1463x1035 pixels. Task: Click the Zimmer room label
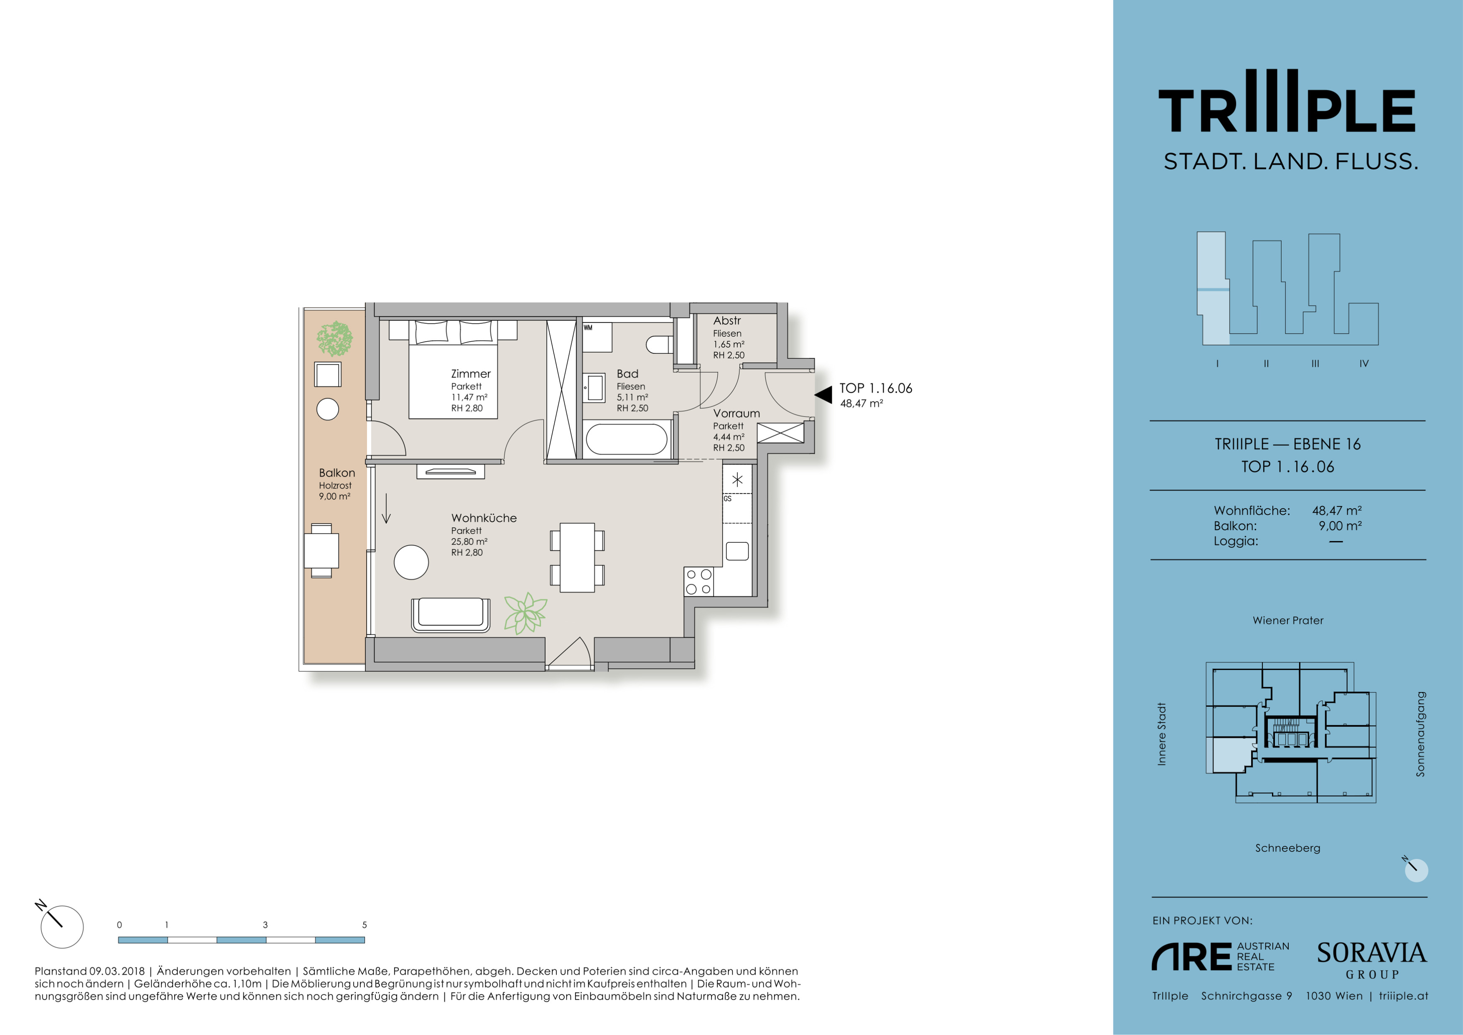coord(471,374)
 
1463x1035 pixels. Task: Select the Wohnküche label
coord(484,518)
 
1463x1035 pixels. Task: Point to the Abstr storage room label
coord(727,321)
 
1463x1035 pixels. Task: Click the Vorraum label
coord(736,414)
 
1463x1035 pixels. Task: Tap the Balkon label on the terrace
coord(337,473)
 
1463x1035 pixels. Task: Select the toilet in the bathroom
coord(660,345)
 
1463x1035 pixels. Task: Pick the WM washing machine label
coord(588,327)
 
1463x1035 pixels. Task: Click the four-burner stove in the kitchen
coord(699,582)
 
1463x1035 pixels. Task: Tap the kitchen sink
coord(737,551)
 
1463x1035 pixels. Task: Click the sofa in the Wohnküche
coord(451,615)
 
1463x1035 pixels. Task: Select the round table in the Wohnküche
coord(412,562)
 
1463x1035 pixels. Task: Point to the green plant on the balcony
coord(334,338)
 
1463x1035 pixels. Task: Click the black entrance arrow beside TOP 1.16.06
coord(823,394)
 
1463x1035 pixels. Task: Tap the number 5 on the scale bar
coord(364,925)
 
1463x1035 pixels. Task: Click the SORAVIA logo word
coord(1372,953)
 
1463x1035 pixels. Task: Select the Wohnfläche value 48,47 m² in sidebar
coord(1337,511)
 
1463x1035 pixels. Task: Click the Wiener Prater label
coord(1288,621)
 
